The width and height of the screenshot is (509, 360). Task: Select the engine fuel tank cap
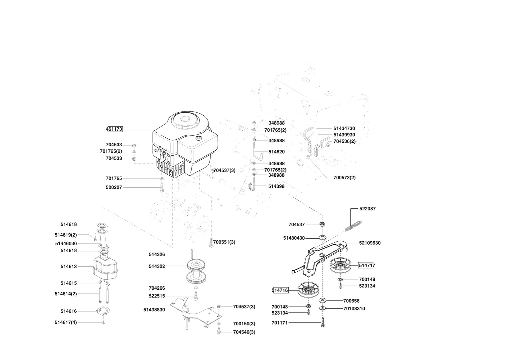tap(199, 138)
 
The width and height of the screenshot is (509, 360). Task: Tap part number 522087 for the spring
tap(367, 209)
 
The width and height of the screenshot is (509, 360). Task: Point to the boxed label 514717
tap(367, 266)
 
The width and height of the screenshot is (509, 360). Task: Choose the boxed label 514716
tap(280, 290)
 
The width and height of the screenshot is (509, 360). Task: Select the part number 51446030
tap(66, 244)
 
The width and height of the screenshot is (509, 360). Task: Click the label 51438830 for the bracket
tap(154, 310)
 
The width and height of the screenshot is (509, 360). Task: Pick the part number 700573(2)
tap(344, 178)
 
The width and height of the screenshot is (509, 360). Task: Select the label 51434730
tap(344, 128)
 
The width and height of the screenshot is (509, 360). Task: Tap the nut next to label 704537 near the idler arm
tap(322, 224)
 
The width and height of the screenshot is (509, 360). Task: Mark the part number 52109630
tap(370, 243)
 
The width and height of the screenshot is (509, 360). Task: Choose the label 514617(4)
tap(66, 323)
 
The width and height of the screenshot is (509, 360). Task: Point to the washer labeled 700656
tap(324, 300)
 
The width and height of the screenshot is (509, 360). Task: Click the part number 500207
tap(114, 188)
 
